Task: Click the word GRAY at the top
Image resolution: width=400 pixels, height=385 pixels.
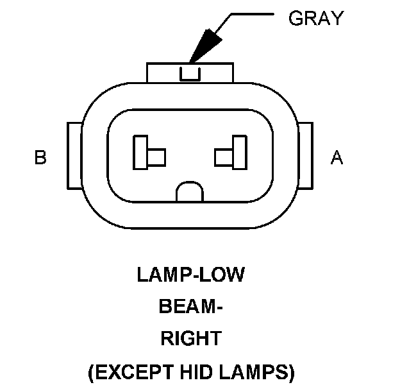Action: point(315,18)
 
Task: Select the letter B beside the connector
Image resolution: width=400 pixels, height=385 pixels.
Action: point(40,157)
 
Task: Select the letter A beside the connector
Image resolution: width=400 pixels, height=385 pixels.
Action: point(337,157)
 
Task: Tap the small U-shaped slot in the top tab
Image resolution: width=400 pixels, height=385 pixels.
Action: point(190,74)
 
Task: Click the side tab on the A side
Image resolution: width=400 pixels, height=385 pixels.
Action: point(306,155)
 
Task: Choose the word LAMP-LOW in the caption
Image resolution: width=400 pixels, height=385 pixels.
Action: point(190,276)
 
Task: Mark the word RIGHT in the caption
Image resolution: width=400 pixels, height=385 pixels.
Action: point(190,338)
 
